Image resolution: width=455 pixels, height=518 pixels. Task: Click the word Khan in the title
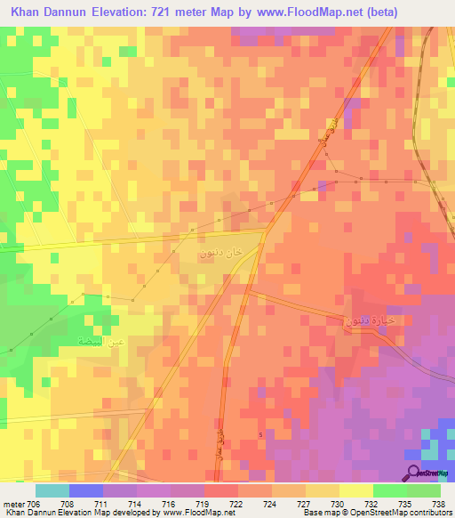click(x=27, y=12)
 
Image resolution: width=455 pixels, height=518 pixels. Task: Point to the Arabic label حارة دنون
click(x=366, y=319)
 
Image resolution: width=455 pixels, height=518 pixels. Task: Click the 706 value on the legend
click(x=34, y=503)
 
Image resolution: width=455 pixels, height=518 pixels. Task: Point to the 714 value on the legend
click(x=135, y=503)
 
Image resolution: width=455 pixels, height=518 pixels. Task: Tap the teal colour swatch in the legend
click(x=52, y=490)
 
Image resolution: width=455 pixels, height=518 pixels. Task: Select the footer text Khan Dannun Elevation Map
click(x=44, y=514)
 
